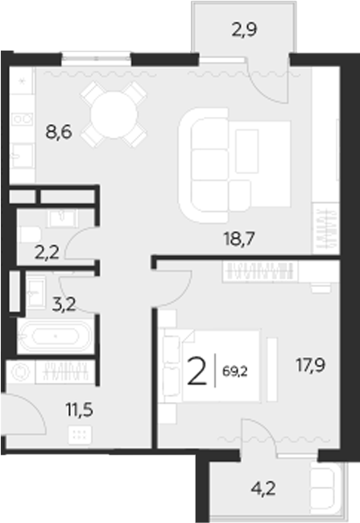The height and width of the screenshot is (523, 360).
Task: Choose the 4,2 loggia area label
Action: pos(260,488)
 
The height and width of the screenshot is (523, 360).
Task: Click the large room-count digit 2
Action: pos(196,372)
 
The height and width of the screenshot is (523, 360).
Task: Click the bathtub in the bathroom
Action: pos(54,335)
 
